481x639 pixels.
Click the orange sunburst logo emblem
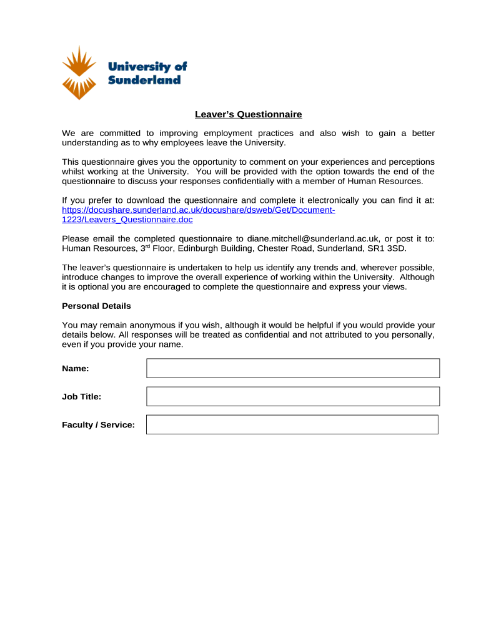click(x=79, y=72)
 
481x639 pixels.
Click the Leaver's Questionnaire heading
click(x=248, y=114)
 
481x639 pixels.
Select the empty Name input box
click(x=292, y=368)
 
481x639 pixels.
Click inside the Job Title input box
click(x=292, y=396)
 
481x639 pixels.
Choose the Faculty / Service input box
click(x=292, y=424)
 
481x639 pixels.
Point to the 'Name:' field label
click(x=75, y=368)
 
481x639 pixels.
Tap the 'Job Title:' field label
click(x=81, y=396)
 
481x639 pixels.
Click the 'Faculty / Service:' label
click(x=98, y=424)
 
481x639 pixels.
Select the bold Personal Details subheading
click(x=96, y=306)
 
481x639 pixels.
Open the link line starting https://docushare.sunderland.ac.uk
click(x=199, y=210)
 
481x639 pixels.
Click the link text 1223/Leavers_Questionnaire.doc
click(x=127, y=220)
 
